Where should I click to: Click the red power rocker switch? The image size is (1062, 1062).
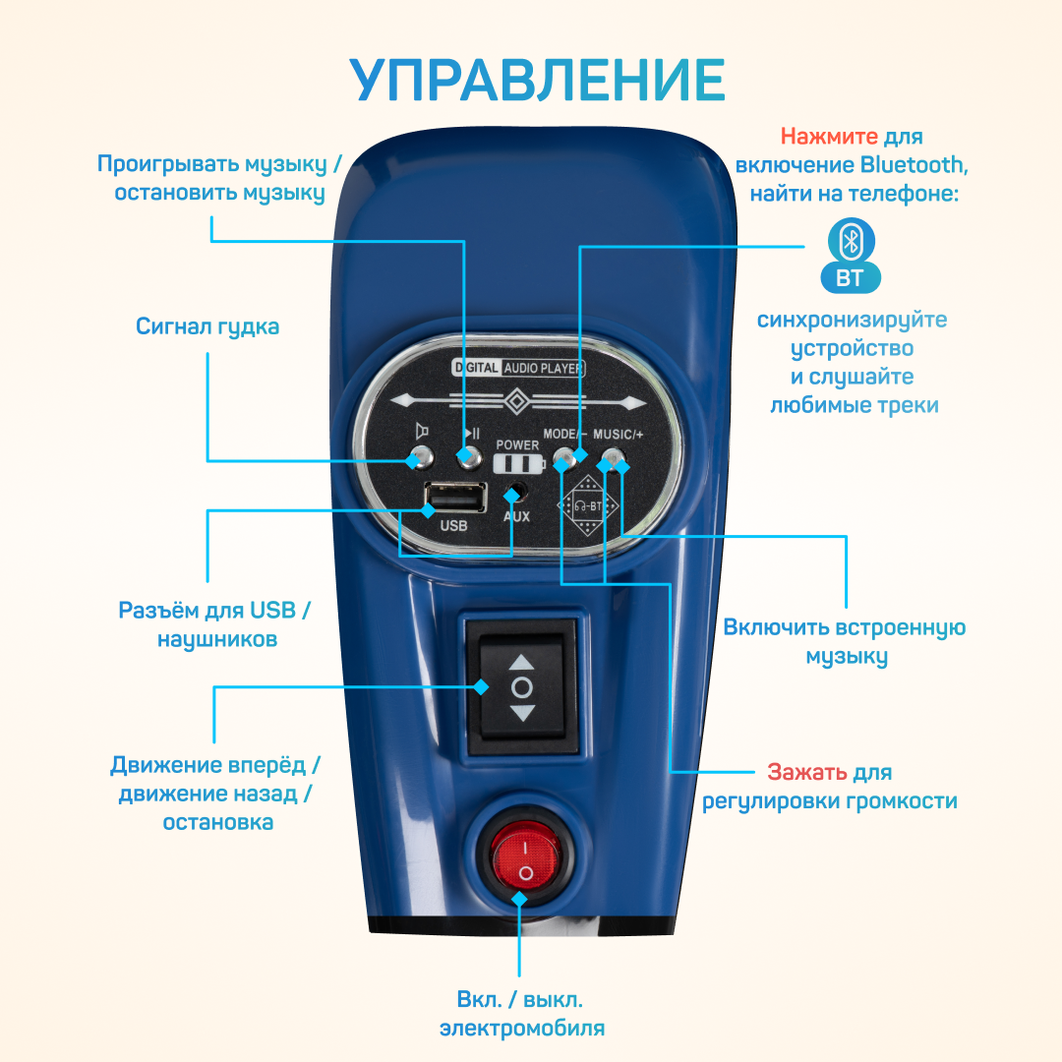coord(524,853)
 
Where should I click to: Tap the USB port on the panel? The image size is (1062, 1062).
coord(454,499)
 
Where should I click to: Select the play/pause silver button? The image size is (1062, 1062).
coord(469,456)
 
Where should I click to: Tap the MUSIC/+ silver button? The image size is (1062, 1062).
coord(614,458)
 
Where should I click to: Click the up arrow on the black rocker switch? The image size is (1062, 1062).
coord(522,663)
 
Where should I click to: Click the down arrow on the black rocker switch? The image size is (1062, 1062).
coord(522,713)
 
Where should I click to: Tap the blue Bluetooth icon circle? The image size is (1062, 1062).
coord(851,241)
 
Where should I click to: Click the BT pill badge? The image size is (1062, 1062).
coord(851,278)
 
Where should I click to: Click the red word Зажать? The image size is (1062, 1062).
coord(807,772)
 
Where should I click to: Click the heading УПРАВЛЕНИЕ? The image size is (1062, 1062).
coord(540,80)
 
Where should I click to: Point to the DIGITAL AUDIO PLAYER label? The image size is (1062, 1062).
coord(518,369)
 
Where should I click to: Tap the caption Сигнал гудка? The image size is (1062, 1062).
coord(207,326)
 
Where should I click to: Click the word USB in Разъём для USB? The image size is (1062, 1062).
coord(272,610)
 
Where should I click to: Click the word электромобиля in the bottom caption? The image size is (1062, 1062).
coord(521,1029)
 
